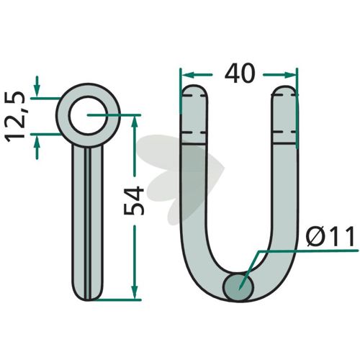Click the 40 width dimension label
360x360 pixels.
(239, 73)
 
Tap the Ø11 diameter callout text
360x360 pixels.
(330, 236)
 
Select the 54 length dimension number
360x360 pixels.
(134, 201)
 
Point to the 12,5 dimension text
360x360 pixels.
(16, 117)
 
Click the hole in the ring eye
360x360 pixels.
(88, 115)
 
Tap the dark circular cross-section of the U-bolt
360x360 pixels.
(238, 287)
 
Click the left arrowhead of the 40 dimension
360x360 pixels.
(187, 75)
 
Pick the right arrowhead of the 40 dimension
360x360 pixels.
(290, 75)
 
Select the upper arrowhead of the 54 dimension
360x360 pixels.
(135, 122)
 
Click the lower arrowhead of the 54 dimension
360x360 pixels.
(135, 293)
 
